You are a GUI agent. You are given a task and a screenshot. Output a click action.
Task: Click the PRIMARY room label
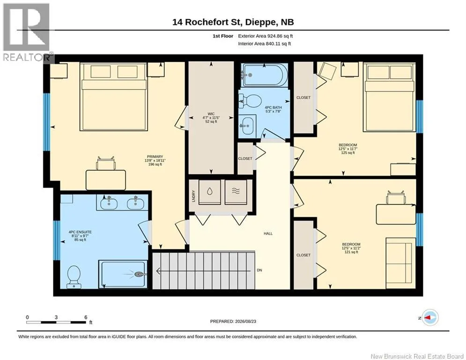[x=155, y=157]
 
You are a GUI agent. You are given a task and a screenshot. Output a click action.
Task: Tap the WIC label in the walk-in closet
[x=211, y=114]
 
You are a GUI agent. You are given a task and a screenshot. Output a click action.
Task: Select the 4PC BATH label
[x=273, y=107]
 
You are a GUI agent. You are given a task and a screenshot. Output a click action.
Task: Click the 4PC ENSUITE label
[x=80, y=232]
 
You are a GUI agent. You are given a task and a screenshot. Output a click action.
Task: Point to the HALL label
[x=268, y=233]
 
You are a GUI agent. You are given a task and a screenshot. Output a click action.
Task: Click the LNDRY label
[x=194, y=196]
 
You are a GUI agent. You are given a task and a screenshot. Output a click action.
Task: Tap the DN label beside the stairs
[x=259, y=270]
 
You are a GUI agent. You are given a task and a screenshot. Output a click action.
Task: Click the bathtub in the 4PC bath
[x=264, y=75]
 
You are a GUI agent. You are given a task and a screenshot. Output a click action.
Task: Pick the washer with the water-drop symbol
[x=209, y=192]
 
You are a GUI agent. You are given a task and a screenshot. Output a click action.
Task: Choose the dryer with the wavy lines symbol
[x=236, y=192]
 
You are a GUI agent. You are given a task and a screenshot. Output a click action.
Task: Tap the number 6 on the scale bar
[x=86, y=317]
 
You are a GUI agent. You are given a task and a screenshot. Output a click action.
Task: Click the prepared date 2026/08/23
[x=245, y=321]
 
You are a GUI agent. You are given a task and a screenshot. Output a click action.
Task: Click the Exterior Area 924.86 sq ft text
[x=266, y=36]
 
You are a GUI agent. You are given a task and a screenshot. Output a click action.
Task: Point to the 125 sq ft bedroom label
[x=348, y=153]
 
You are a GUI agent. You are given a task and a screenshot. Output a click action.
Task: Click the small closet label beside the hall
[x=245, y=158]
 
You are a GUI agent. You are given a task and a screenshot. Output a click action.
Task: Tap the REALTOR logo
[x=27, y=32]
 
